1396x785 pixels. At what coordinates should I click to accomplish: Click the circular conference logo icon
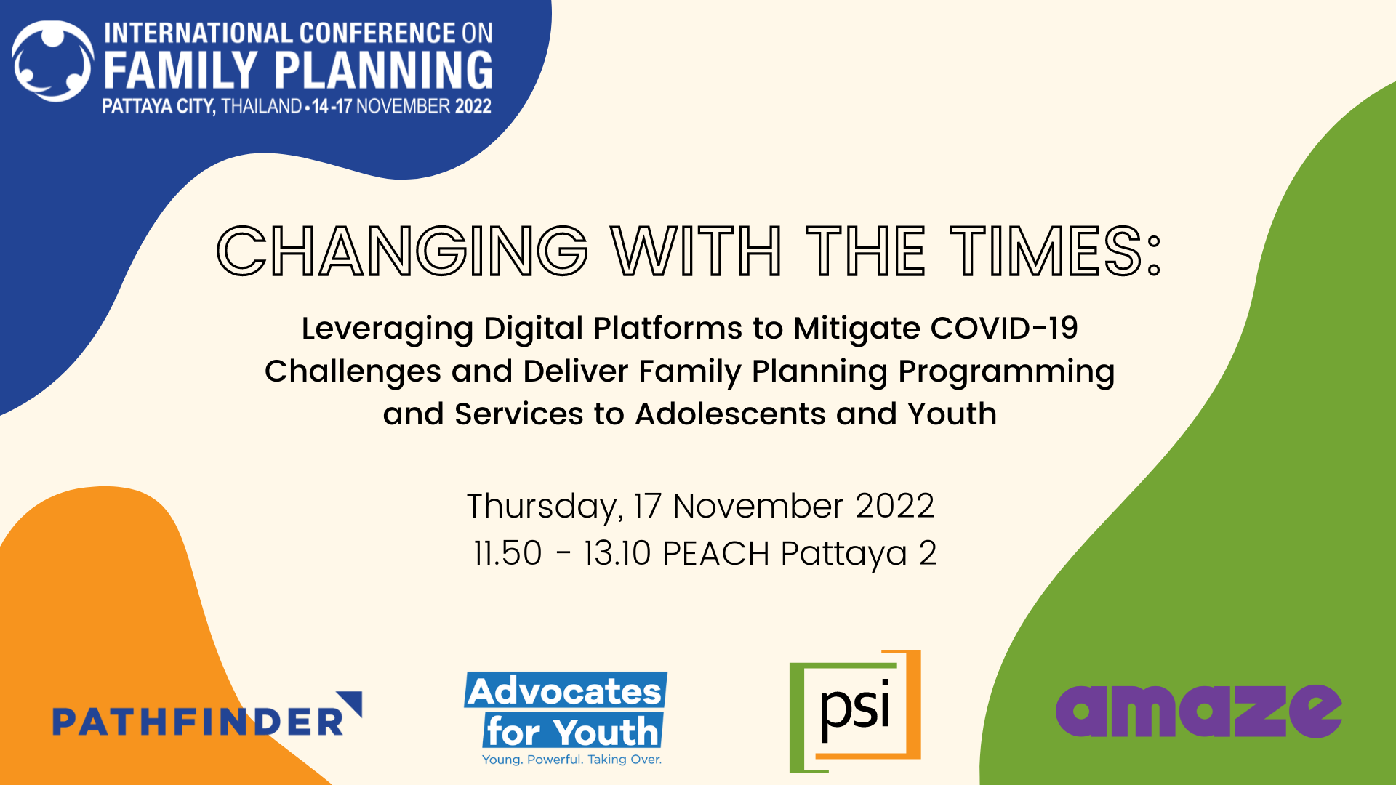tap(52, 61)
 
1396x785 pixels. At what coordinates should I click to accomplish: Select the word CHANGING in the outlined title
tap(402, 251)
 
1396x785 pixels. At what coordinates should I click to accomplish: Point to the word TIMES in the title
tap(1047, 251)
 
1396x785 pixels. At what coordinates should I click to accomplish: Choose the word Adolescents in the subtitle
tap(730, 414)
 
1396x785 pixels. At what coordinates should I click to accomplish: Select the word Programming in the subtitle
tap(1006, 372)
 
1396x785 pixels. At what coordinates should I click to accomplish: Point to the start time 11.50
tap(508, 553)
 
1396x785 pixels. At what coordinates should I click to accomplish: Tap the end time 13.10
tap(617, 553)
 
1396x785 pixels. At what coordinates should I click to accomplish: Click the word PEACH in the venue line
tap(716, 553)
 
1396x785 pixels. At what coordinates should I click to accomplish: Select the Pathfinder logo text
tap(197, 722)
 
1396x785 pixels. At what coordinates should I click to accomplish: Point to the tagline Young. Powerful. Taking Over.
tap(571, 760)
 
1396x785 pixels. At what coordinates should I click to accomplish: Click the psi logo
tap(855, 711)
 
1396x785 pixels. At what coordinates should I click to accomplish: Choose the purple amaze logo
tap(1198, 710)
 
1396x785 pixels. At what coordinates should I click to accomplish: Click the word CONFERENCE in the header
tap(377, 33)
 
